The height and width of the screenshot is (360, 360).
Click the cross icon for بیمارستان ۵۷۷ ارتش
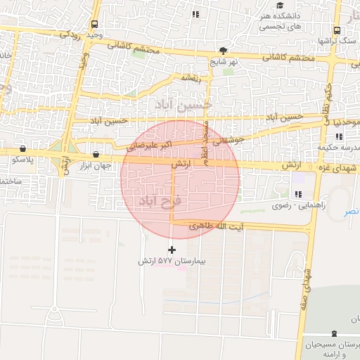172,250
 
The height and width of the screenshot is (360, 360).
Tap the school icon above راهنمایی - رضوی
298,194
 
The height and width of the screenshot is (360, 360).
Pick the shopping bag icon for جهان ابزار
95,155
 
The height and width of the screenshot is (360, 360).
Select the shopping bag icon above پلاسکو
25,149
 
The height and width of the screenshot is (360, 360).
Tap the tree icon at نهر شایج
224,51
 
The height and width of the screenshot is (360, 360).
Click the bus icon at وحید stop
94,24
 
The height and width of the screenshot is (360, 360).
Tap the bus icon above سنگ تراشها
337,31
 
